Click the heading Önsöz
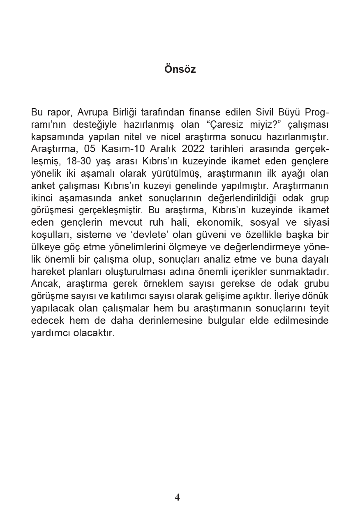point(180,69)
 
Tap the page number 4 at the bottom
point(178,497)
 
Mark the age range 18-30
point(78,161)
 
